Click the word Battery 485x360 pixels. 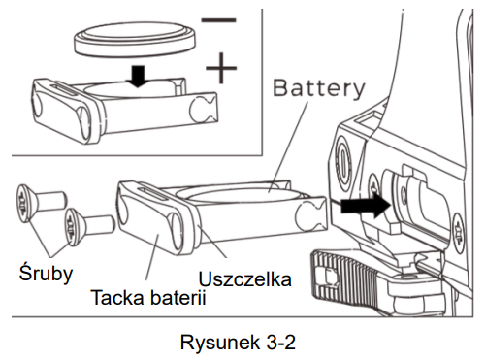[x=319, y=88]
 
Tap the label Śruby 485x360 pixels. [x=46, y=274]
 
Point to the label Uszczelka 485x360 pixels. [x=244, y=279]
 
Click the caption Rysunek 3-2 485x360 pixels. [x=238, y=343]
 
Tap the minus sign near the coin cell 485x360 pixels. [x=218, y=20]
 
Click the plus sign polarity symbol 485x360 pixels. [x=221, y=68]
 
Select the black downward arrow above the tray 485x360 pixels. [x=139, y=77]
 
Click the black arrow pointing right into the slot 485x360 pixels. [x=366, y=206]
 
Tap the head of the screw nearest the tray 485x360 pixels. [x=73, y=228]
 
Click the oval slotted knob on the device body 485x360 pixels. [x=342, y=161]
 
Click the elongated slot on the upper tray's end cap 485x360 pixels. [x=66, y=90]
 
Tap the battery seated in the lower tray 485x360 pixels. [x=241, y=195]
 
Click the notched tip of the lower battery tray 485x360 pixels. [x=312, y=214]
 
